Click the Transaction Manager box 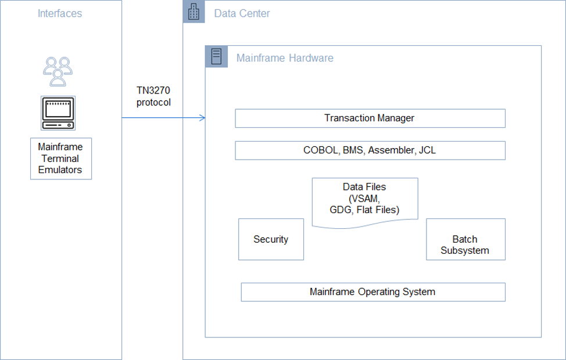point(370,118)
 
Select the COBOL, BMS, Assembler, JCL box point(370,150)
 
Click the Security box point(271,239)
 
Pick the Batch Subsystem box point(465,239)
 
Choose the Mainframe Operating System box point(372,292)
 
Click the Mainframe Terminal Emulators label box point(60,159)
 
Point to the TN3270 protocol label point(153,96)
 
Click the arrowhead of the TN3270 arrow point(203,118)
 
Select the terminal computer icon point(58,113)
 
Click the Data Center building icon point(194,12)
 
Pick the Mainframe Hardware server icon point(216,57)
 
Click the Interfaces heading point(60,13)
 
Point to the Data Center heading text point(242,13)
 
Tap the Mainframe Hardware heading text point(285,58)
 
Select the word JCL point(427,150)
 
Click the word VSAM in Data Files point(364,198)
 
